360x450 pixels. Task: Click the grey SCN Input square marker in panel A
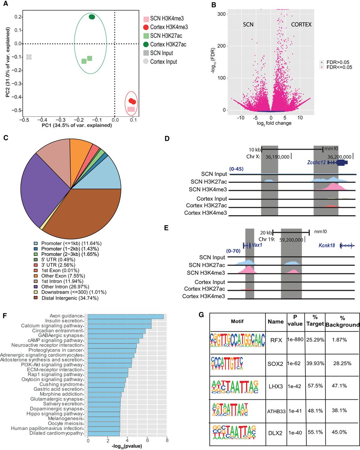(x=29, y=57)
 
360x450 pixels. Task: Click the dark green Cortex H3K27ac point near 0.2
(x=92, y=17)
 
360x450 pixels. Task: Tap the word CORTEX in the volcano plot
(x=301, y=25)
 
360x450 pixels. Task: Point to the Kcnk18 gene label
(x=327, y=245)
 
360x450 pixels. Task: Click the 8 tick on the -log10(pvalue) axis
(x=167, y=440)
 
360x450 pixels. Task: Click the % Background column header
(x=342, y=321)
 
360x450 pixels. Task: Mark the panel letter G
(x=201, y=315)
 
